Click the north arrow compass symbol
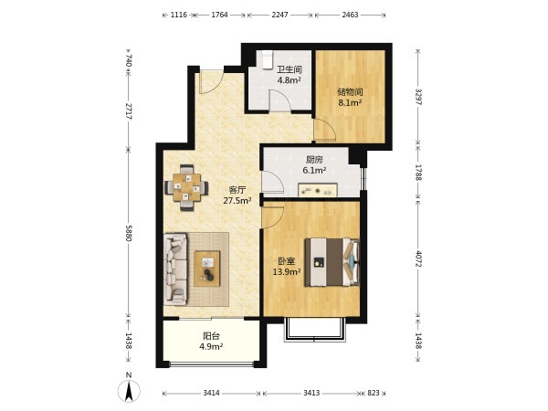[129, 389]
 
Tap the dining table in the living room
[186, 187]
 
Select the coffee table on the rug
[207, 269]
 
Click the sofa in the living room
[175, 269]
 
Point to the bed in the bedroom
[332, 262]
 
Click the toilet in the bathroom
[268, 59]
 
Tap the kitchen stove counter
[317, 190]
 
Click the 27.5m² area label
[237, 201]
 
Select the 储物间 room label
[350, 92]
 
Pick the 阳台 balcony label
[212, 336]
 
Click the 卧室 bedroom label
[287, 261]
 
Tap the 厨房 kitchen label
[314, 160]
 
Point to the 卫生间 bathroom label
[290, 69]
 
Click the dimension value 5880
[129, 233]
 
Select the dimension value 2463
[350, 15]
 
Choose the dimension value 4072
[418, 258]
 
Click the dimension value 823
[374, 393]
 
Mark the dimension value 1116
[179, 15]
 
